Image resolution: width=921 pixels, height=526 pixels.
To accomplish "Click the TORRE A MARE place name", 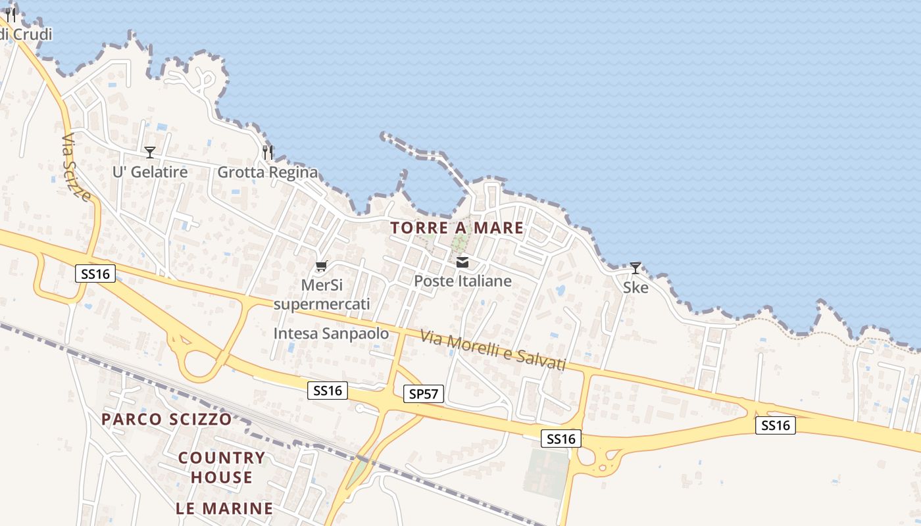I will point(457,228).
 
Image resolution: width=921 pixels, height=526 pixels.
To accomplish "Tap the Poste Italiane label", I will point(462,281).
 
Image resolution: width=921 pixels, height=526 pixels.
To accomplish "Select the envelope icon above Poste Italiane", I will point(462,263).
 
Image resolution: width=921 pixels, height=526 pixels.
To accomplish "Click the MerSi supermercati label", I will point(322,295).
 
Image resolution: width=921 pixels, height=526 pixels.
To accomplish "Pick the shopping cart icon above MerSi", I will point(321,266).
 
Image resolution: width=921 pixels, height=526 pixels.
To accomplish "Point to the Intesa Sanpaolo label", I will point(331,333).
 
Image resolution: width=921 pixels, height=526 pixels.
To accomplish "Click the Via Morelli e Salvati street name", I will point(493,352).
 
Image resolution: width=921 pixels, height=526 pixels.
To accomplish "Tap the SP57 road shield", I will point(423,394).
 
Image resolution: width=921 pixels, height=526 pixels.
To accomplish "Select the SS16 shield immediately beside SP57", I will point(328,391).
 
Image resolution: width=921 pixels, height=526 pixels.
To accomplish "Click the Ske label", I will point(635,287).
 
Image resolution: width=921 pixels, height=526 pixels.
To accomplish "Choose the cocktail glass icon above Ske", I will point(635,268).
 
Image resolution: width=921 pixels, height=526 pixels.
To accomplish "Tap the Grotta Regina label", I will point(267,172).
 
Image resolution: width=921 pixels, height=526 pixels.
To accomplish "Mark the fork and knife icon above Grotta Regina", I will point(267,153).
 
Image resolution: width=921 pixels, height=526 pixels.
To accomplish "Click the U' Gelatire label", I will point(150,172).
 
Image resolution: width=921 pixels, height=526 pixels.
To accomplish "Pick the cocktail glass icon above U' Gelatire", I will point(150,153).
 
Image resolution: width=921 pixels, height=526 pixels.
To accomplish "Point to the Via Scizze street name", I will point(76,168).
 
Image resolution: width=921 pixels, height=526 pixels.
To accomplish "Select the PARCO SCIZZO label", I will point(166,419).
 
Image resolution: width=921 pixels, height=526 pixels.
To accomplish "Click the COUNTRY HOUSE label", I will point(222,467).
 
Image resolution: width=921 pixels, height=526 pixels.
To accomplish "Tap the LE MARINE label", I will point(224,508).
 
